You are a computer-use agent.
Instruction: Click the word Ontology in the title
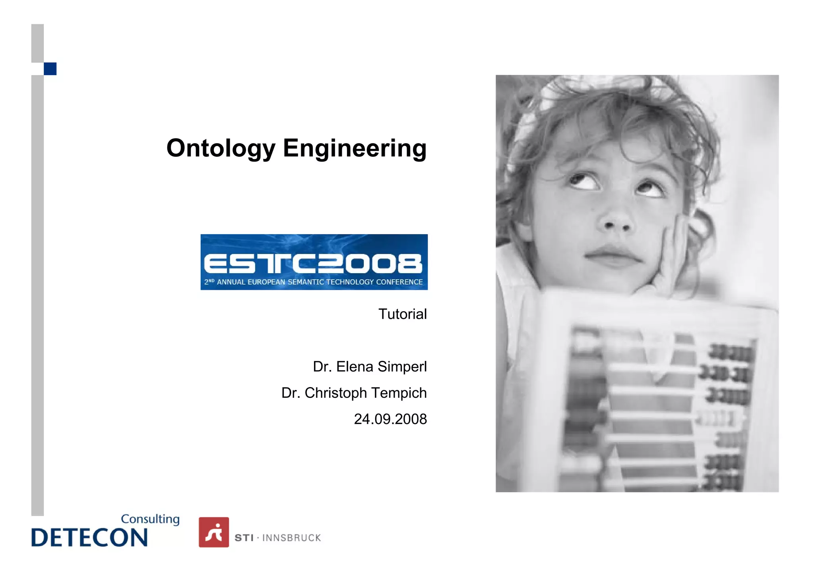click(x=221, y=148)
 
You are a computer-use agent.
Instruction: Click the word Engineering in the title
click(x=355, y=148)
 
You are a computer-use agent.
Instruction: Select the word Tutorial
click(x=402, y=314)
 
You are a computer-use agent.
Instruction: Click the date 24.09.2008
click(x=390, y=419)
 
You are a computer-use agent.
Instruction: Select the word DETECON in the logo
click(x=89, y=538)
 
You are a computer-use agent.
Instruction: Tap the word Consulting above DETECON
click(x=150, y=519)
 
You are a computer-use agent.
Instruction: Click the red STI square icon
click(x=214, y=532)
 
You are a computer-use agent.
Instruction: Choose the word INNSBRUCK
click(x=291, y=538)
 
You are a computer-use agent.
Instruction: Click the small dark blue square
click(x=50, y=69)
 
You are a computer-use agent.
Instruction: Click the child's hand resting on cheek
click(x=671, y=258)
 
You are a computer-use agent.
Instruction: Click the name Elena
click(x=355, y=366)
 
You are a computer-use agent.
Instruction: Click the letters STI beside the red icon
click(x=244, y=538)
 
